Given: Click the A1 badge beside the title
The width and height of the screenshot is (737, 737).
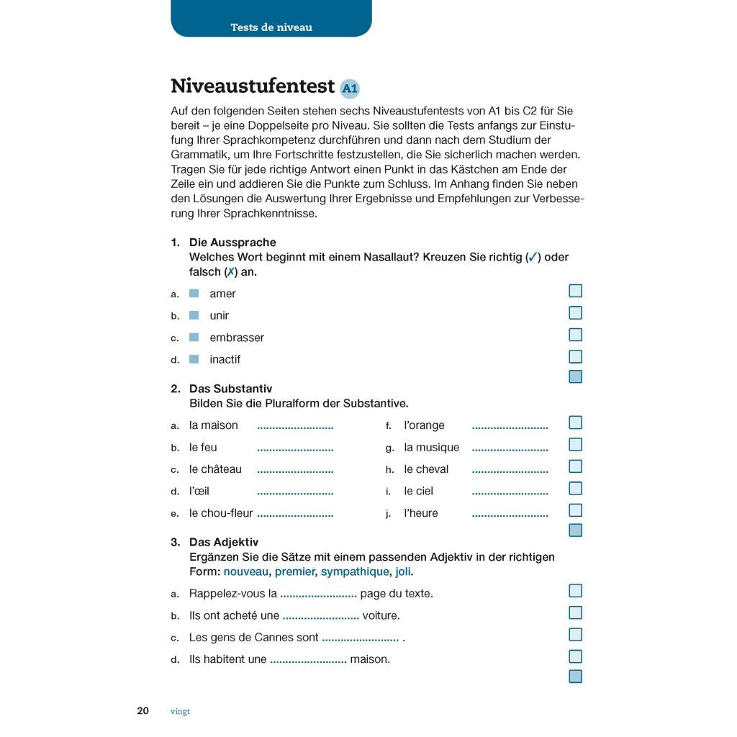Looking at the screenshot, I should (x=349, y=89).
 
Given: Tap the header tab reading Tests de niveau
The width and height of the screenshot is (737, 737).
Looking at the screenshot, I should (x=271, y=27).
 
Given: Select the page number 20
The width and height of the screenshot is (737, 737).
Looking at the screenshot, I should (x=143, y=710).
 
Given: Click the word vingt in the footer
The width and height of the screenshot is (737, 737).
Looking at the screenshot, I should (x=181, y=711).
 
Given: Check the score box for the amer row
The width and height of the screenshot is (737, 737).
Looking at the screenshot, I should (x=575, y=291).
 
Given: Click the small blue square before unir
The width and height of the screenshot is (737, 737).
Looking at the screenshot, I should (x=194, y=315).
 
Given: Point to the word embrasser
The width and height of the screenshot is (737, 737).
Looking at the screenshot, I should (x=237, y=338).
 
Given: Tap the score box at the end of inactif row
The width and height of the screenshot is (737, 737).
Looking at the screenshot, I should (x=575, y=356).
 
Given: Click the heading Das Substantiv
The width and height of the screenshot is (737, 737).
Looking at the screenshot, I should (x=230, y=389).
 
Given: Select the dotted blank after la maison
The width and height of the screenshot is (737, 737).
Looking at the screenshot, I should (x=295, y=427).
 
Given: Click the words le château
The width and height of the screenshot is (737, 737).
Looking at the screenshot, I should (x=215, y=469).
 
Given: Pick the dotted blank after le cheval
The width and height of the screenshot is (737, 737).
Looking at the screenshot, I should (x=510, y=471).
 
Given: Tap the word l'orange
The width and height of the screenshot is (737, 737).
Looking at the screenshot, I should (x=424, y=425).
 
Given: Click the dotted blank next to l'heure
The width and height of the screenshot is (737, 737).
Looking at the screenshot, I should (x=510, y=515).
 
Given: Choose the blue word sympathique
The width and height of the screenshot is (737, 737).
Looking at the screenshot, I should (x=354, y=571).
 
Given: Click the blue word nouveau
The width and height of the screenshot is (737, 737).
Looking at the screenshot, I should (x=246, y=571).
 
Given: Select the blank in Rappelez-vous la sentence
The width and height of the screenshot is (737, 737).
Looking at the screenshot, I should (x=318, y=595).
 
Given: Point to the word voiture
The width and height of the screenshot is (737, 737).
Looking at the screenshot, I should (x=381, y=615).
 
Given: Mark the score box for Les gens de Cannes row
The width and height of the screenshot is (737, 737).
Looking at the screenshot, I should (x=575, y=635).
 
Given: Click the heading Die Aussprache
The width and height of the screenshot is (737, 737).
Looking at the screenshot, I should (x=232, y=243).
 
